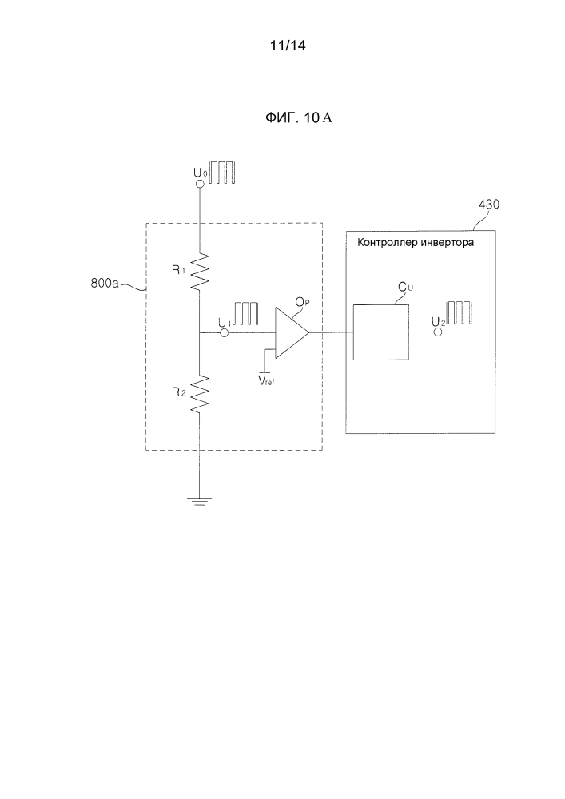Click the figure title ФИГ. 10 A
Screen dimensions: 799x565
point(297,119)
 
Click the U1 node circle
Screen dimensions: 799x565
point(225,334)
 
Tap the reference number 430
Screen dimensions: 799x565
point(489,205)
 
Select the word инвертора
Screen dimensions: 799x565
point(450,244)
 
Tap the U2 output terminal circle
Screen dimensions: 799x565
point(436,333)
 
